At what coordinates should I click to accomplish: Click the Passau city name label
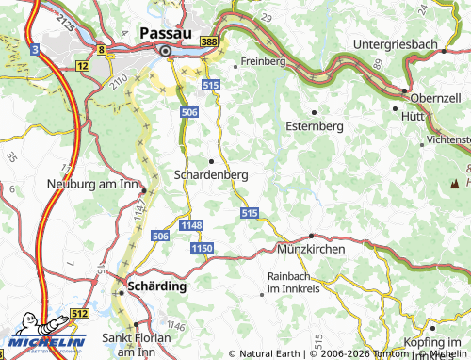[x=167, y=32]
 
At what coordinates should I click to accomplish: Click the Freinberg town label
[x=263, y=60]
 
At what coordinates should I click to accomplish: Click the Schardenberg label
[x=211, y=174]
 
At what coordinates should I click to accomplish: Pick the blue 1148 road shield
[x=191, y=224]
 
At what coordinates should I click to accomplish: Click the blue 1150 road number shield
[x=202, y=247]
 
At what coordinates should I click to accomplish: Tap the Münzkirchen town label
[x=311, y=248]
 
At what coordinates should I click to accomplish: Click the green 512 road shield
[x=78, y=314]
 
